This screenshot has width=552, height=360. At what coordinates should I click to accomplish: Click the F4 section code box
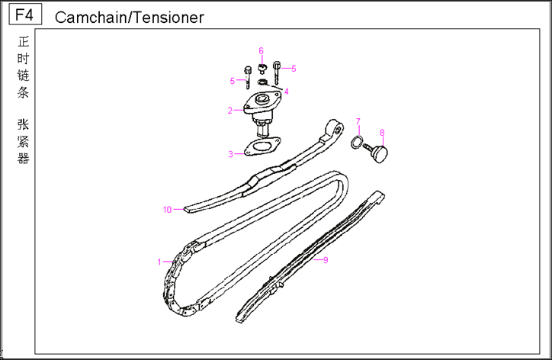(24, 14)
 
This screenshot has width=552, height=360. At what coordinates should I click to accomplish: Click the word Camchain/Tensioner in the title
(130, 18)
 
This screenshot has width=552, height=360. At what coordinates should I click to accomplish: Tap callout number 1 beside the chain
(160, 262)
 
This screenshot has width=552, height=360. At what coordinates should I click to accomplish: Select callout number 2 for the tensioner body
(229, 111)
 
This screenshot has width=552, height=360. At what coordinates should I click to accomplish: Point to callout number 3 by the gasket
(230, 154)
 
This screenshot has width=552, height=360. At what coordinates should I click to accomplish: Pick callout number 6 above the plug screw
(261, 51)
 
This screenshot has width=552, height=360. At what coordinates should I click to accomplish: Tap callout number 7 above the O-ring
(357, 122)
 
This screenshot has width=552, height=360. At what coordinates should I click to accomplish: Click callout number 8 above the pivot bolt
(382, 132)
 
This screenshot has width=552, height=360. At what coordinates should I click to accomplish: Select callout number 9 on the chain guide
(326, 260)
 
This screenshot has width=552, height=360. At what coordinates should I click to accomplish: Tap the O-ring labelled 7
(356, 142)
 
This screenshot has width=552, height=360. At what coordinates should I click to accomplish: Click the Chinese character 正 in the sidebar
(24, 42)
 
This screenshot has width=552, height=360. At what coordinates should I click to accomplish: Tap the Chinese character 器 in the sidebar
(24, 159)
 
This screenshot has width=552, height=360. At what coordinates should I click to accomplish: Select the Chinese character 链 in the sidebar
(24, 76)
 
